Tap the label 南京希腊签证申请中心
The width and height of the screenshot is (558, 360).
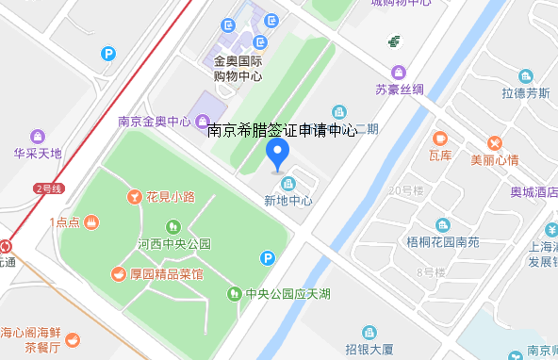coord(281,131)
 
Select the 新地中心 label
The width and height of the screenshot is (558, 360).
coord(287,201)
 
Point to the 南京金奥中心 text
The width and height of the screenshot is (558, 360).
coord(155,122)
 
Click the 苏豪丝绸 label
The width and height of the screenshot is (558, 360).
coord(400,90)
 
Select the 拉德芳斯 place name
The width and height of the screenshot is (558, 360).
coord(525,93)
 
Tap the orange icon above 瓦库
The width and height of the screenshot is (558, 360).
coord(439,138)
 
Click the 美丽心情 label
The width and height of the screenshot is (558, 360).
coord(495,159)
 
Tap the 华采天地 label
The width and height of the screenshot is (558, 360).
coord(38,153)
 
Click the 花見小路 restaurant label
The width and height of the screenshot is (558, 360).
coord(170,197)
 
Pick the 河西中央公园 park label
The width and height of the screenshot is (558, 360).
coord(173,244)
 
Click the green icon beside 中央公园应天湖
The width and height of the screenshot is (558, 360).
coord(234,293)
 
